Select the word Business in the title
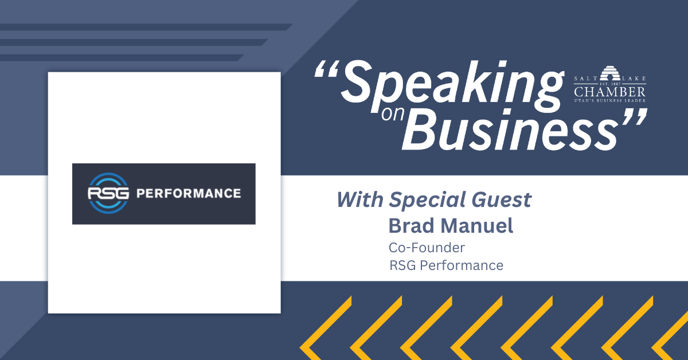510,130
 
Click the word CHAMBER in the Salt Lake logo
609,92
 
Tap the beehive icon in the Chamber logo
610,73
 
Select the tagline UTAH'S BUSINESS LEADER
609,100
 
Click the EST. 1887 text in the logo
610,84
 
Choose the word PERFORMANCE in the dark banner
189,194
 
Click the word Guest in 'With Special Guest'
501,199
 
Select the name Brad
412,225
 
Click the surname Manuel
476,225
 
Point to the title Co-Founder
427,248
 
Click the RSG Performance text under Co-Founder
446,265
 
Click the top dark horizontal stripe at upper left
146,27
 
